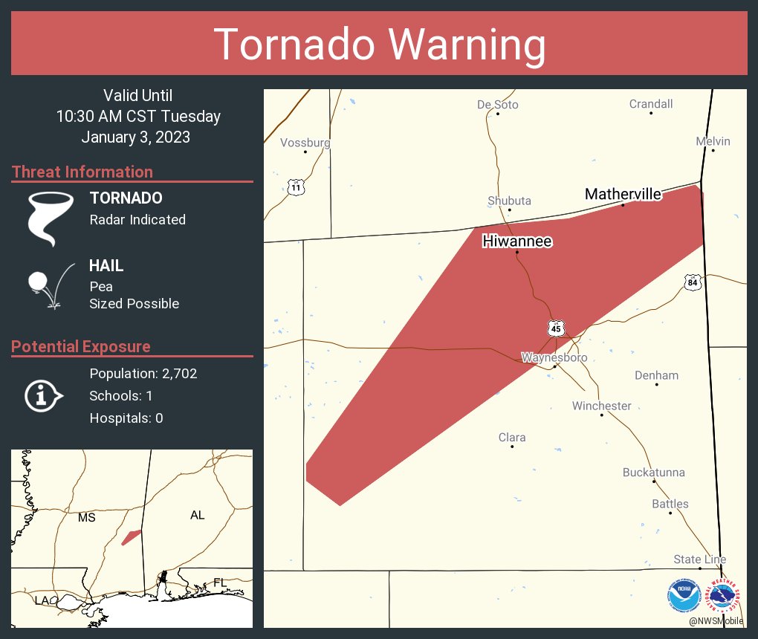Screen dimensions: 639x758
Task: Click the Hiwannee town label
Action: [x=517, y=241]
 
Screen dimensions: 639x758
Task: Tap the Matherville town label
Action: [x=623, y=194]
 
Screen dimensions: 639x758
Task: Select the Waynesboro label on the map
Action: [x=554, y=357]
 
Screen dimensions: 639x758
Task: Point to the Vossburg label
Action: [x=305, y=143]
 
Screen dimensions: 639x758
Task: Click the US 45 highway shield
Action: [x=557, y=328]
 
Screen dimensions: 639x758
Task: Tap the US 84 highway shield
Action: [x=693, y=282]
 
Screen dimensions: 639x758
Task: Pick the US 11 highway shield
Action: [x=297, y=187]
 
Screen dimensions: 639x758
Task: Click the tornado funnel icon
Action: [x=51, y=218]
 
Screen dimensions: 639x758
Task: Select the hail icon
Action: [x=49, y=285]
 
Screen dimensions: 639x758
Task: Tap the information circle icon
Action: [x=42, y=395]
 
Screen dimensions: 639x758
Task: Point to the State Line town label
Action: [x=699, y=559]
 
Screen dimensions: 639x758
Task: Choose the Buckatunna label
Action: [x=653, y=473]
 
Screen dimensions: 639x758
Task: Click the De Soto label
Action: [x=497, y=105]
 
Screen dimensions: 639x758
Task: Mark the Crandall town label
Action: [x=650, y=104]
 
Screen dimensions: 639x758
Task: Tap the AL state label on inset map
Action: [x=197, y=515]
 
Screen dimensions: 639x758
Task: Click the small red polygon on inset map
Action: [x=132, y=536]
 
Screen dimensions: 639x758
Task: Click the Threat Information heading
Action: [x=82, y=172]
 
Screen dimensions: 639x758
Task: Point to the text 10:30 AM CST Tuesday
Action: [x=138, y=117]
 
